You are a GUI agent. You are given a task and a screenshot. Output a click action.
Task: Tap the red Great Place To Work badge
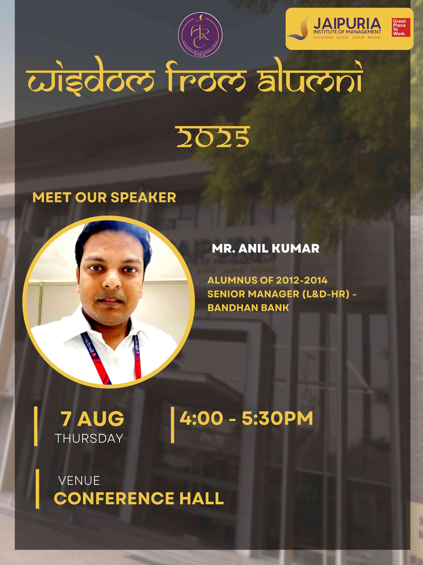point(401,27)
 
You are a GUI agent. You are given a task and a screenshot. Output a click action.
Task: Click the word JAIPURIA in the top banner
point(347,23)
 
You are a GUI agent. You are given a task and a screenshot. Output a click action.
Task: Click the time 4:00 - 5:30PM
point(246,418)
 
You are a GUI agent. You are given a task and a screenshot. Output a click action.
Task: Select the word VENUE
point(79,481)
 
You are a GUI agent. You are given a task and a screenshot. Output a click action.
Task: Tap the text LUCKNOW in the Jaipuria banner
point(323,37)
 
